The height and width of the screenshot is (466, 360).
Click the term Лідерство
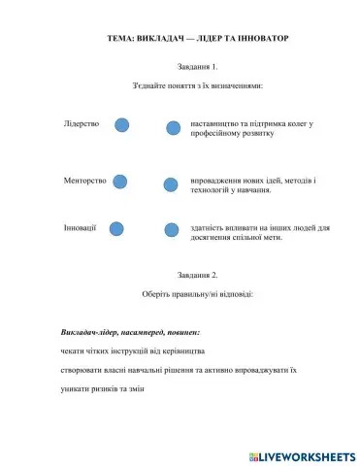click(x=82, y=124)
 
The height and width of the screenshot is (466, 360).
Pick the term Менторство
click(x=83, y=180)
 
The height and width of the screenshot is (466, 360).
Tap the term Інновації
click(x=80, y=227)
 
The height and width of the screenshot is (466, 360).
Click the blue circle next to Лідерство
click(x=123, y=124)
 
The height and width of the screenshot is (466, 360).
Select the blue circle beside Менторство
click(x=121, y=181)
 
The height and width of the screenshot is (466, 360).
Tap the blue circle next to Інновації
click(x=116, y=228)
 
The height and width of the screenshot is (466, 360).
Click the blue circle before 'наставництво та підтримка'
click(x=173, y=127)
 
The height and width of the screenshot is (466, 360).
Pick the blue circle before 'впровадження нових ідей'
click(x=171, y=183)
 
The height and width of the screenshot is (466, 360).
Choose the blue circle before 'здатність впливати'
click(x=171, y=230)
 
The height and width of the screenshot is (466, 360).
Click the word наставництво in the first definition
click(x=213, y=124)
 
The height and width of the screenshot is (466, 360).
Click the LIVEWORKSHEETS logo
click(x=302, y=454)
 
